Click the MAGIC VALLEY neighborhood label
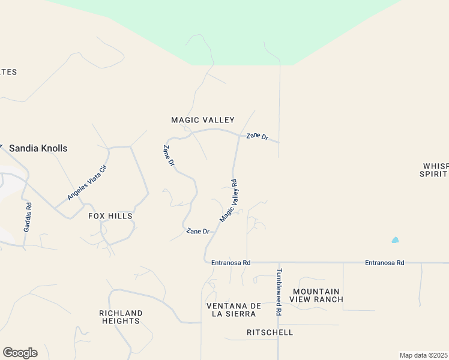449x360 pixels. [203, 120]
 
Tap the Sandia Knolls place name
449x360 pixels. [38, 148]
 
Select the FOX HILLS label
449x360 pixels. [110, 216]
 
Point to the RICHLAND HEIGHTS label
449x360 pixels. [121, 317]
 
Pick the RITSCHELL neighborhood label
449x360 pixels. [270, 332]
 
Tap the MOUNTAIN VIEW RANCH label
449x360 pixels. [316, 295]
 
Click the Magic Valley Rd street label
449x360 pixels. [229, 200]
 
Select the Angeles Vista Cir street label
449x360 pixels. [87, 182]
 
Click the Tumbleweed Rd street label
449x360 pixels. [279, 292]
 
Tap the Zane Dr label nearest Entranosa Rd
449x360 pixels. [197, 231]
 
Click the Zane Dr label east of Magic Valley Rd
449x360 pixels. [257, 136]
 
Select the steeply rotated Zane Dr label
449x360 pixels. [169, 155]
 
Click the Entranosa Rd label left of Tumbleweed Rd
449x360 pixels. [231, 263]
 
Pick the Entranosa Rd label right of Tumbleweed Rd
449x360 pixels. [385, 263]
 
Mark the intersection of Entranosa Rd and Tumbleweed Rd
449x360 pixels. [279, 262]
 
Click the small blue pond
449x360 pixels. [395, 240]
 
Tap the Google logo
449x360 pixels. [20, 353]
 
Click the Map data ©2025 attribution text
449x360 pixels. [424, 355]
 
